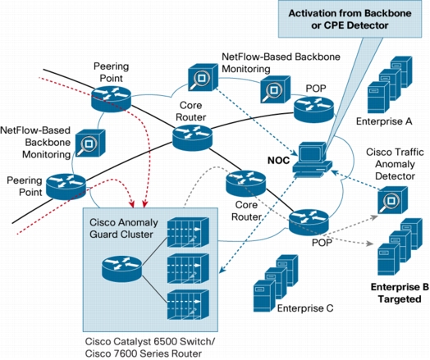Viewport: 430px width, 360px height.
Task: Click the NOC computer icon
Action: pos(313,159)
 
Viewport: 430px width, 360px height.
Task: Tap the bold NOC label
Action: pos(278,160)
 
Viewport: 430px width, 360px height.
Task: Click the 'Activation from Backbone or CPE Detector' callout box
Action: pos(350,19)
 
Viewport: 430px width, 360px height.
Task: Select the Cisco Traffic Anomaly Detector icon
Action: pos(392,200)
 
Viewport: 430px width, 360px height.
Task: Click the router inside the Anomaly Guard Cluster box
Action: pos(121,269)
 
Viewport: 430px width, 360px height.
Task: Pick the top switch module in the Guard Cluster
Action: pos(188,232)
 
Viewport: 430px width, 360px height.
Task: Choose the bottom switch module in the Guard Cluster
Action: pos(188,305)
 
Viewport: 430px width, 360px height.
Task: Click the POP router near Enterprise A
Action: pos(313,110)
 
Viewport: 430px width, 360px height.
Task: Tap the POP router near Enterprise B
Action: pos(309,222)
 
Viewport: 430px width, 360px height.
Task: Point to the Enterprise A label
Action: pos(384,121)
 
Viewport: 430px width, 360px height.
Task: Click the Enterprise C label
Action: pos(305,308)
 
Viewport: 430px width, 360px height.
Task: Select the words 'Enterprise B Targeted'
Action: pos(400,293)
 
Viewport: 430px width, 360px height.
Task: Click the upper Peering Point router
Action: pos(111,98)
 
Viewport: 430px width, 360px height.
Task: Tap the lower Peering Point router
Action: pos(66,186)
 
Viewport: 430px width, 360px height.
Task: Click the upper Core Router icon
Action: pos(192,138)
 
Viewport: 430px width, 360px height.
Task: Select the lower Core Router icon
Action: pos(245,184)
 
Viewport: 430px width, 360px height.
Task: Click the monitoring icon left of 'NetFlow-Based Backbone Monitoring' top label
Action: pos(203,78)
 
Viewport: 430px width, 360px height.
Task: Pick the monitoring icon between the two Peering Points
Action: pos(90,143)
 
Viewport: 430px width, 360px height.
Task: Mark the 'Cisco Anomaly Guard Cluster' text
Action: pos(124,228)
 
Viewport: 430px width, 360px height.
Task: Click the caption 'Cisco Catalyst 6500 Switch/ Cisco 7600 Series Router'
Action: pos(150,348)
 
